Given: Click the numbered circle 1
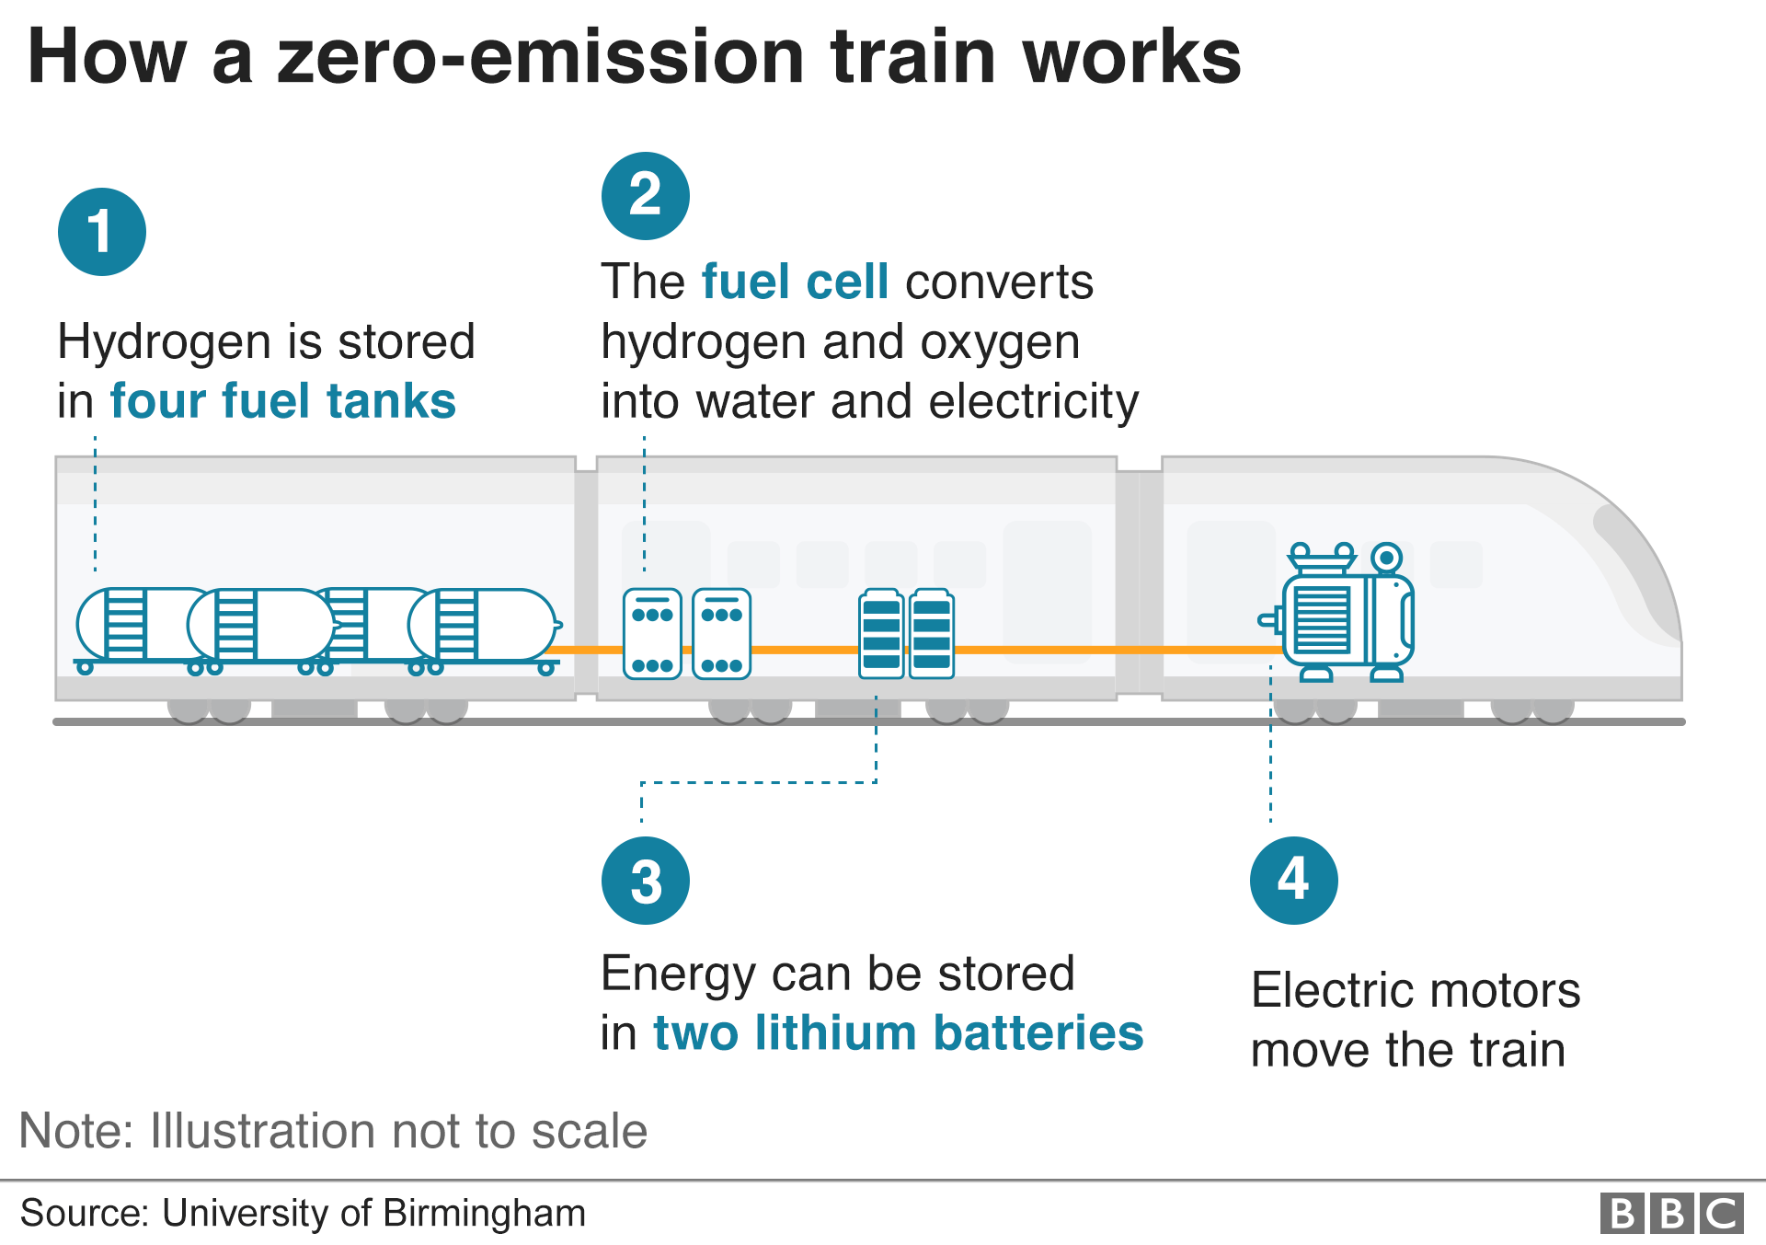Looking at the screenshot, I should point(101,232).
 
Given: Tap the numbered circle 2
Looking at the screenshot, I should point(645,196).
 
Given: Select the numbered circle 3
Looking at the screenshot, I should point(645,881).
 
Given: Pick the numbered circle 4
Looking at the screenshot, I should point(1293,881).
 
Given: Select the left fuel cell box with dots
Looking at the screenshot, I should point(652,634).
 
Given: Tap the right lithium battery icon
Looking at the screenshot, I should point(931,634).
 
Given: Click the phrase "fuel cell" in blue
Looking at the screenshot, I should point(795,282).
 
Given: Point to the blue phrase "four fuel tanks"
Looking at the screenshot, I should point(282,401).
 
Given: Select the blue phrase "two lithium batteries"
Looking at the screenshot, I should point(898,1032).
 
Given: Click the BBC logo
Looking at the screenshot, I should point(1671,1213).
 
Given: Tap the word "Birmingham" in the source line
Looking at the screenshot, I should point(484,1213).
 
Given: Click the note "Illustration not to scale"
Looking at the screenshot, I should point(398,1131).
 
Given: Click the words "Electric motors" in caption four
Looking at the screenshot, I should point(1415,991).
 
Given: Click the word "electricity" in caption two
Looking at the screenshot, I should point(1033,402).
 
